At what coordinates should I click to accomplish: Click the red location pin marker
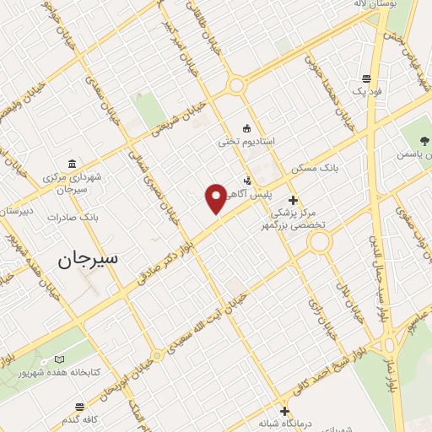[x=216, y=198]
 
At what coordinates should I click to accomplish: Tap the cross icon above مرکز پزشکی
[x=293, y=200]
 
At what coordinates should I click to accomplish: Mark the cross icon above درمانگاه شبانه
[x=285, y=409]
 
